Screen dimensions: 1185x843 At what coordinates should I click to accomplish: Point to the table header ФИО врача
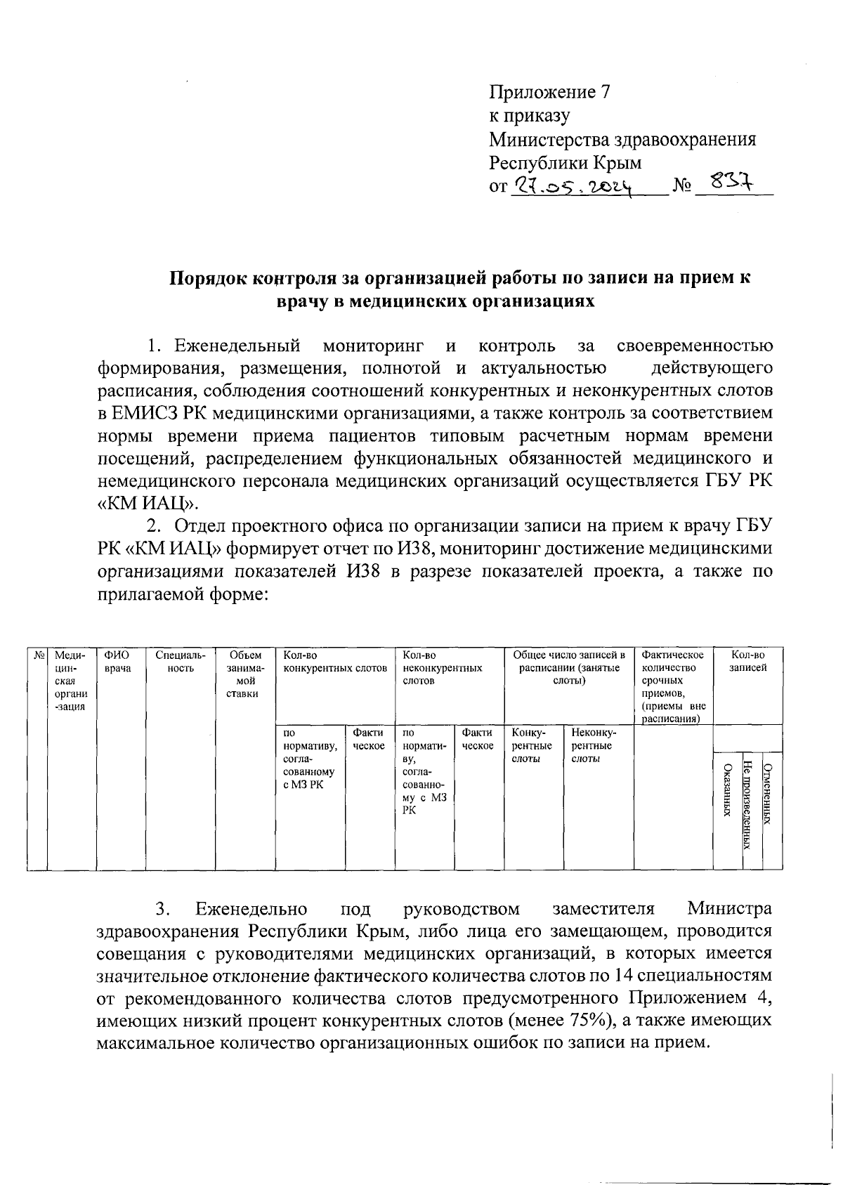(x=117, y=662)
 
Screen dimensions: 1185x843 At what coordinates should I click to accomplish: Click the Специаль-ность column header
(x=181, y=662)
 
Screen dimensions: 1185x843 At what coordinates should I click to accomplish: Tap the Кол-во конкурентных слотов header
(x=334, y=662)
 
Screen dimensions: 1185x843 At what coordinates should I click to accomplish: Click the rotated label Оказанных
(x=727, y=790)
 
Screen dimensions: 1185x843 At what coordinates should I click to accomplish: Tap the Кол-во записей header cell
(x=747, y=662)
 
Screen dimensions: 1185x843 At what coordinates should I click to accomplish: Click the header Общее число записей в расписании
(x=568, y=668)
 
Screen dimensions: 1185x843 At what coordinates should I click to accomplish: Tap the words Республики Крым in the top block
(x=565, y=163)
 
